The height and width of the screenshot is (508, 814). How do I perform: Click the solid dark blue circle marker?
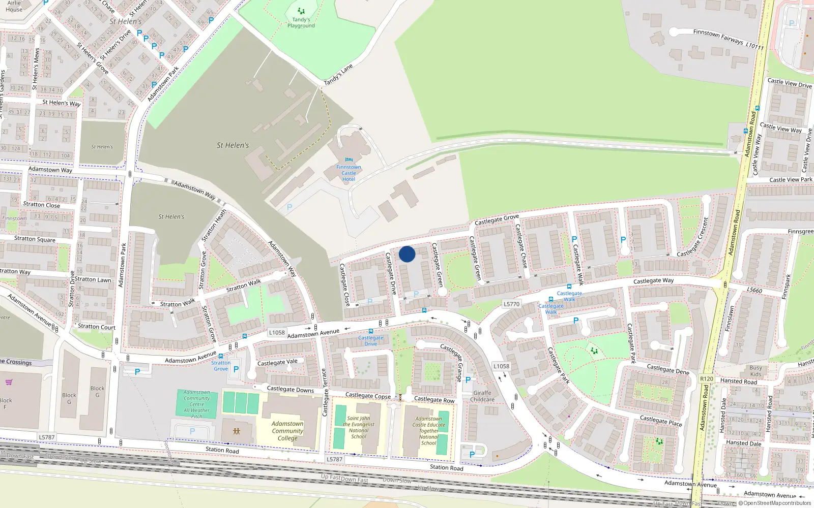[407, 254]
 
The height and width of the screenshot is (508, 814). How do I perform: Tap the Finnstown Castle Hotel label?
[348, 173]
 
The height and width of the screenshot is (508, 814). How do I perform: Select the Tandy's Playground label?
[301, 23]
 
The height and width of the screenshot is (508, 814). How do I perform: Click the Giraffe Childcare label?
[482, 396]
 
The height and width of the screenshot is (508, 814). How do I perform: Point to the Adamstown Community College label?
[287, 431]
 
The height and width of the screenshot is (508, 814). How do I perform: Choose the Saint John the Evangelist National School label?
[359, 427]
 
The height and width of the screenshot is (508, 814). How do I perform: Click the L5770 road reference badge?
[511, 304]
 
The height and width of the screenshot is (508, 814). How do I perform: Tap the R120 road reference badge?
[707, 378]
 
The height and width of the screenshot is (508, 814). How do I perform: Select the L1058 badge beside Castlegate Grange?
[501, 366]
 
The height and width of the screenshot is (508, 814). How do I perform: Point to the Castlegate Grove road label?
[497, 219]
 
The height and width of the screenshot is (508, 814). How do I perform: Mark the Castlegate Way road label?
[653, 280]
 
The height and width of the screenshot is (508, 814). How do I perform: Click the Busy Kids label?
[755, 371]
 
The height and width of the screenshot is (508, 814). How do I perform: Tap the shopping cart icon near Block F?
[9, 383]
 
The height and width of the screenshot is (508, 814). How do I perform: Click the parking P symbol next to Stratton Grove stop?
[236, 369]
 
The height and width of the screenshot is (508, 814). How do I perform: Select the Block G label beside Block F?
[69, 398]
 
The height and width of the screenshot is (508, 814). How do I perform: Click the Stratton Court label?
[97, 327]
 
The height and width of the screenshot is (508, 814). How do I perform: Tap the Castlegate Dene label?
[668, 369]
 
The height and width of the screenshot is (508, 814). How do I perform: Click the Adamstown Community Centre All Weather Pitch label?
[197, 404]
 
